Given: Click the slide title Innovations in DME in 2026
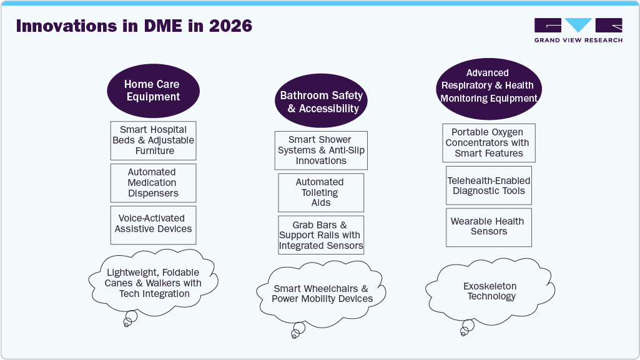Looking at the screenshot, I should pyautogui.click(x=134, y=26).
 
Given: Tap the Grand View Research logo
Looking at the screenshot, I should pyautogui.click(x=578, y=31).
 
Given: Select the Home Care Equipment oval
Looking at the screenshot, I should pyautogui.click(x=153, y=90).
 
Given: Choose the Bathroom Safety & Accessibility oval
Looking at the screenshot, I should pyautogui.click(x=321, y=102).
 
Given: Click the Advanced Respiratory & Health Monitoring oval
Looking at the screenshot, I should pyautogui.click(x=488, y=86).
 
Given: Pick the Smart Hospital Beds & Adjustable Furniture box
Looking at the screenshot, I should pyautogui.click(x=154, y=140).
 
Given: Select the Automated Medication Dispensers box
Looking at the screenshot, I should pyautogui.click(x=153, y=183).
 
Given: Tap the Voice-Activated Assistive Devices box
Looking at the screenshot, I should pyautogui.click(x=153, y=224).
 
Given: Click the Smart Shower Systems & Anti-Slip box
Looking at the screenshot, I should pyautogui.click(x=321, y=150).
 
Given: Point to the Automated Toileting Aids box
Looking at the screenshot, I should pyautogui.click(x=321, y=193).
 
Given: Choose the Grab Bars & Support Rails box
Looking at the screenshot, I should pyautogui.click(x=321, y=235).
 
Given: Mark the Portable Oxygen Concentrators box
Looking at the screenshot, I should pyautogui.click(x=489, y=143).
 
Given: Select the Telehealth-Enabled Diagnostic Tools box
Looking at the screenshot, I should pyautogui.click(x=489, y=186).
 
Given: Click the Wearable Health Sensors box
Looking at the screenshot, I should pyautogui.click(x=489, y=226).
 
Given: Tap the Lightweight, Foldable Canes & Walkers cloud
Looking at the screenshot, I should pyautogui.click(x=153, y=283).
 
